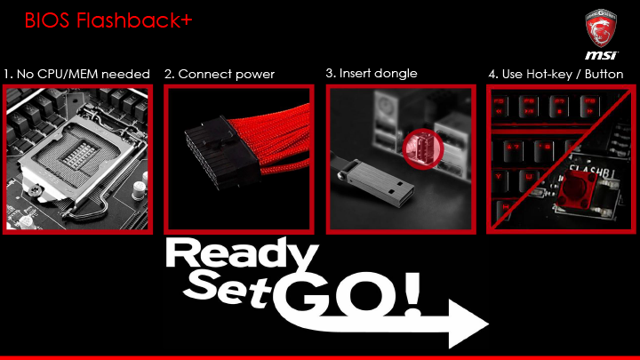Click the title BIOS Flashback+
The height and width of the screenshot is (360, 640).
(108, 20)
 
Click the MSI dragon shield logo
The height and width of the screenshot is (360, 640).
(601, 28)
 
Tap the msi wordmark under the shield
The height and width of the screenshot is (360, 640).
(602, 55)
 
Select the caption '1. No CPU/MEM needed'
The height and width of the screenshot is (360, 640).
(76, 75)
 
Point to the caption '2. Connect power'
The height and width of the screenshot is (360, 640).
(220, 75)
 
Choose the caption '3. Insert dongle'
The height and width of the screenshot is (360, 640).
(372, 74)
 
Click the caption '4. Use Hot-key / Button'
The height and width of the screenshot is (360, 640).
(556, 75)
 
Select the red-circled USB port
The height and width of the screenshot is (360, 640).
(423, 149)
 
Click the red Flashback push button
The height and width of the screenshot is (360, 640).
(578, 188)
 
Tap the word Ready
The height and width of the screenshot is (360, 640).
(242, 255)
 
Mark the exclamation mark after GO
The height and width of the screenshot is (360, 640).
(412, 295)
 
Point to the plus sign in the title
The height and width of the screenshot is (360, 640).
(186, 20)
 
